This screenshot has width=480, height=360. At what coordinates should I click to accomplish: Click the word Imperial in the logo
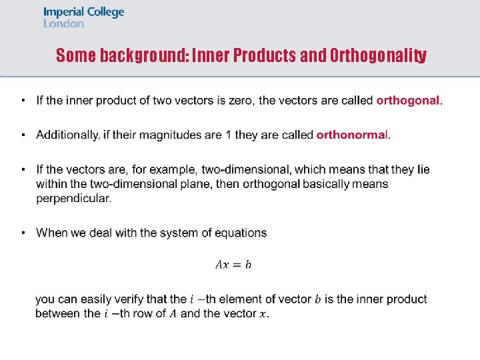(63, 12)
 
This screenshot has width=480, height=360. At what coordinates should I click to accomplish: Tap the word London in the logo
(63, 23)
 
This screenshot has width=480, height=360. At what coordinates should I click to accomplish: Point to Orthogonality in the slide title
(378, 55)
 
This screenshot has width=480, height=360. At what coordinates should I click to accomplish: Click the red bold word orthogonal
(407, 101)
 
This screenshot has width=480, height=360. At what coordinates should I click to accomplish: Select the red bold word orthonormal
(351, 135)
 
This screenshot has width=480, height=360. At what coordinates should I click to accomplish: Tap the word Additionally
(68, 135)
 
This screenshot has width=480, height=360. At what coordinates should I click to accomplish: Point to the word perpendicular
(73, 198)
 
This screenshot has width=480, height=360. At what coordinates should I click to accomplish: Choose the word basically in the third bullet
(329, 184)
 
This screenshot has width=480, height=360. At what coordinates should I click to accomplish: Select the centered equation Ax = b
(233, 265)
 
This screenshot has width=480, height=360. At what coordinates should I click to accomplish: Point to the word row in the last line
(144, 313)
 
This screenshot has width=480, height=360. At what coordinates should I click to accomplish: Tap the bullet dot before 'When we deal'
(23, 233)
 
